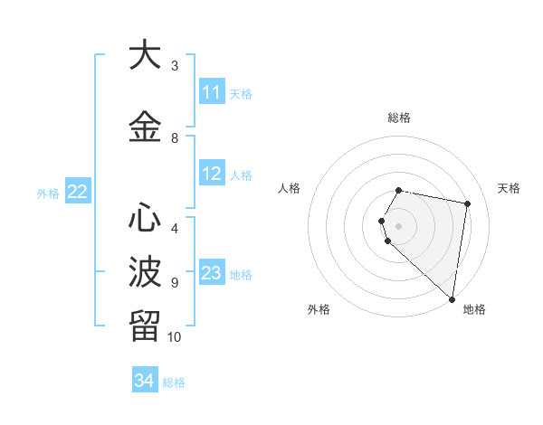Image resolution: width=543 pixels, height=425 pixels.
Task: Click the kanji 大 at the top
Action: coord(145,56)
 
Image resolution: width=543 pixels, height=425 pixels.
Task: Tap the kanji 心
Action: coord(145,218)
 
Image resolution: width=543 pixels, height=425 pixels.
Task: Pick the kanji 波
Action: coord(145,270)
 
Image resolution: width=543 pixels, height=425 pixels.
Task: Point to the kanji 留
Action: coord(145,324)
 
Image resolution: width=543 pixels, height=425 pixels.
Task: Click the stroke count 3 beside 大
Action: coord(175,66)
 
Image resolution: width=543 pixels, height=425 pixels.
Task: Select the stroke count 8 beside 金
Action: coord(175,138)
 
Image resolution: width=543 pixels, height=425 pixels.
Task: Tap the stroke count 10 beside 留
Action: coord(175,337)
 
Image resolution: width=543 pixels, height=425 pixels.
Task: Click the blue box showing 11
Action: coord(212,92)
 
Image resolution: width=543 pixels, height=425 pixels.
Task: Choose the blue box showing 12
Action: coord(212,175)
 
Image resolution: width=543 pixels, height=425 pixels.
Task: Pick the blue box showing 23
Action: coord(212,273)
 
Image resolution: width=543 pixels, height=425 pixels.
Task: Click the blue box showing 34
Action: coord(144,381)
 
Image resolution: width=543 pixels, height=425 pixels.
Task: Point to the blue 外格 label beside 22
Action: coord(48,193)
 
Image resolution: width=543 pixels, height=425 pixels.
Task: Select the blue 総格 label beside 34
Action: coord(174,382)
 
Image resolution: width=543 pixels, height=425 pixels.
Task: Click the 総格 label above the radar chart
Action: coord(399,118)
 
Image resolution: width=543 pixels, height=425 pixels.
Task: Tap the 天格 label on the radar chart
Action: coord(510,188)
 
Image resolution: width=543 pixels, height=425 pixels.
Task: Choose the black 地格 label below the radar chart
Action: coord(474,309)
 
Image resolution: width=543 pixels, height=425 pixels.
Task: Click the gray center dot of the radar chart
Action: coord(399,225)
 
